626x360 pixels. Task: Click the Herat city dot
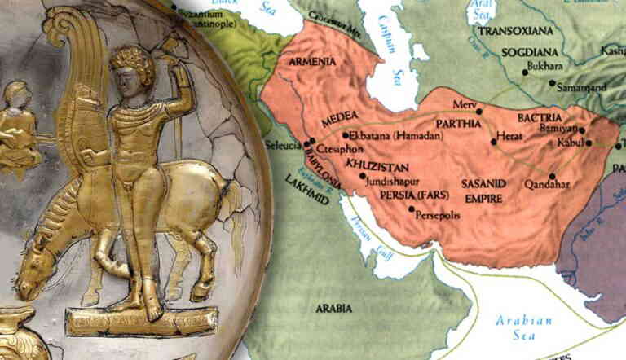point(493,142)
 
